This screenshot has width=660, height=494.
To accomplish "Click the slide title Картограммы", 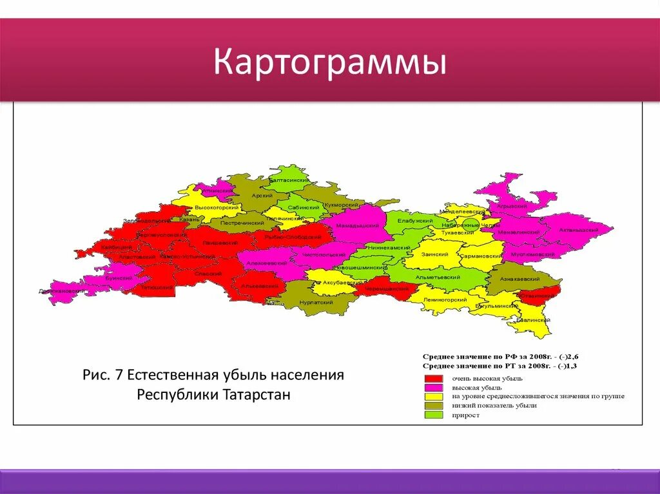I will [x=329, y=63].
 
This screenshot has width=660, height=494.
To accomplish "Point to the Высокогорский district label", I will [x=217, y=207].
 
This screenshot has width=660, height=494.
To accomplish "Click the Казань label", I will [x=189, y=219].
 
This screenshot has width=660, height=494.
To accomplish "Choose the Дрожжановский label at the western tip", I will [x=62, y=291].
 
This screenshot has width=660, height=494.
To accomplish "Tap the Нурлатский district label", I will [x=316, y=302].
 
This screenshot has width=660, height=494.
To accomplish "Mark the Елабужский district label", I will [x=414, y=220].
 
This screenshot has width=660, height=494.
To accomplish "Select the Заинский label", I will [x=434, y=254].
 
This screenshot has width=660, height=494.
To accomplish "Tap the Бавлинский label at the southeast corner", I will [x=532, y=320].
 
